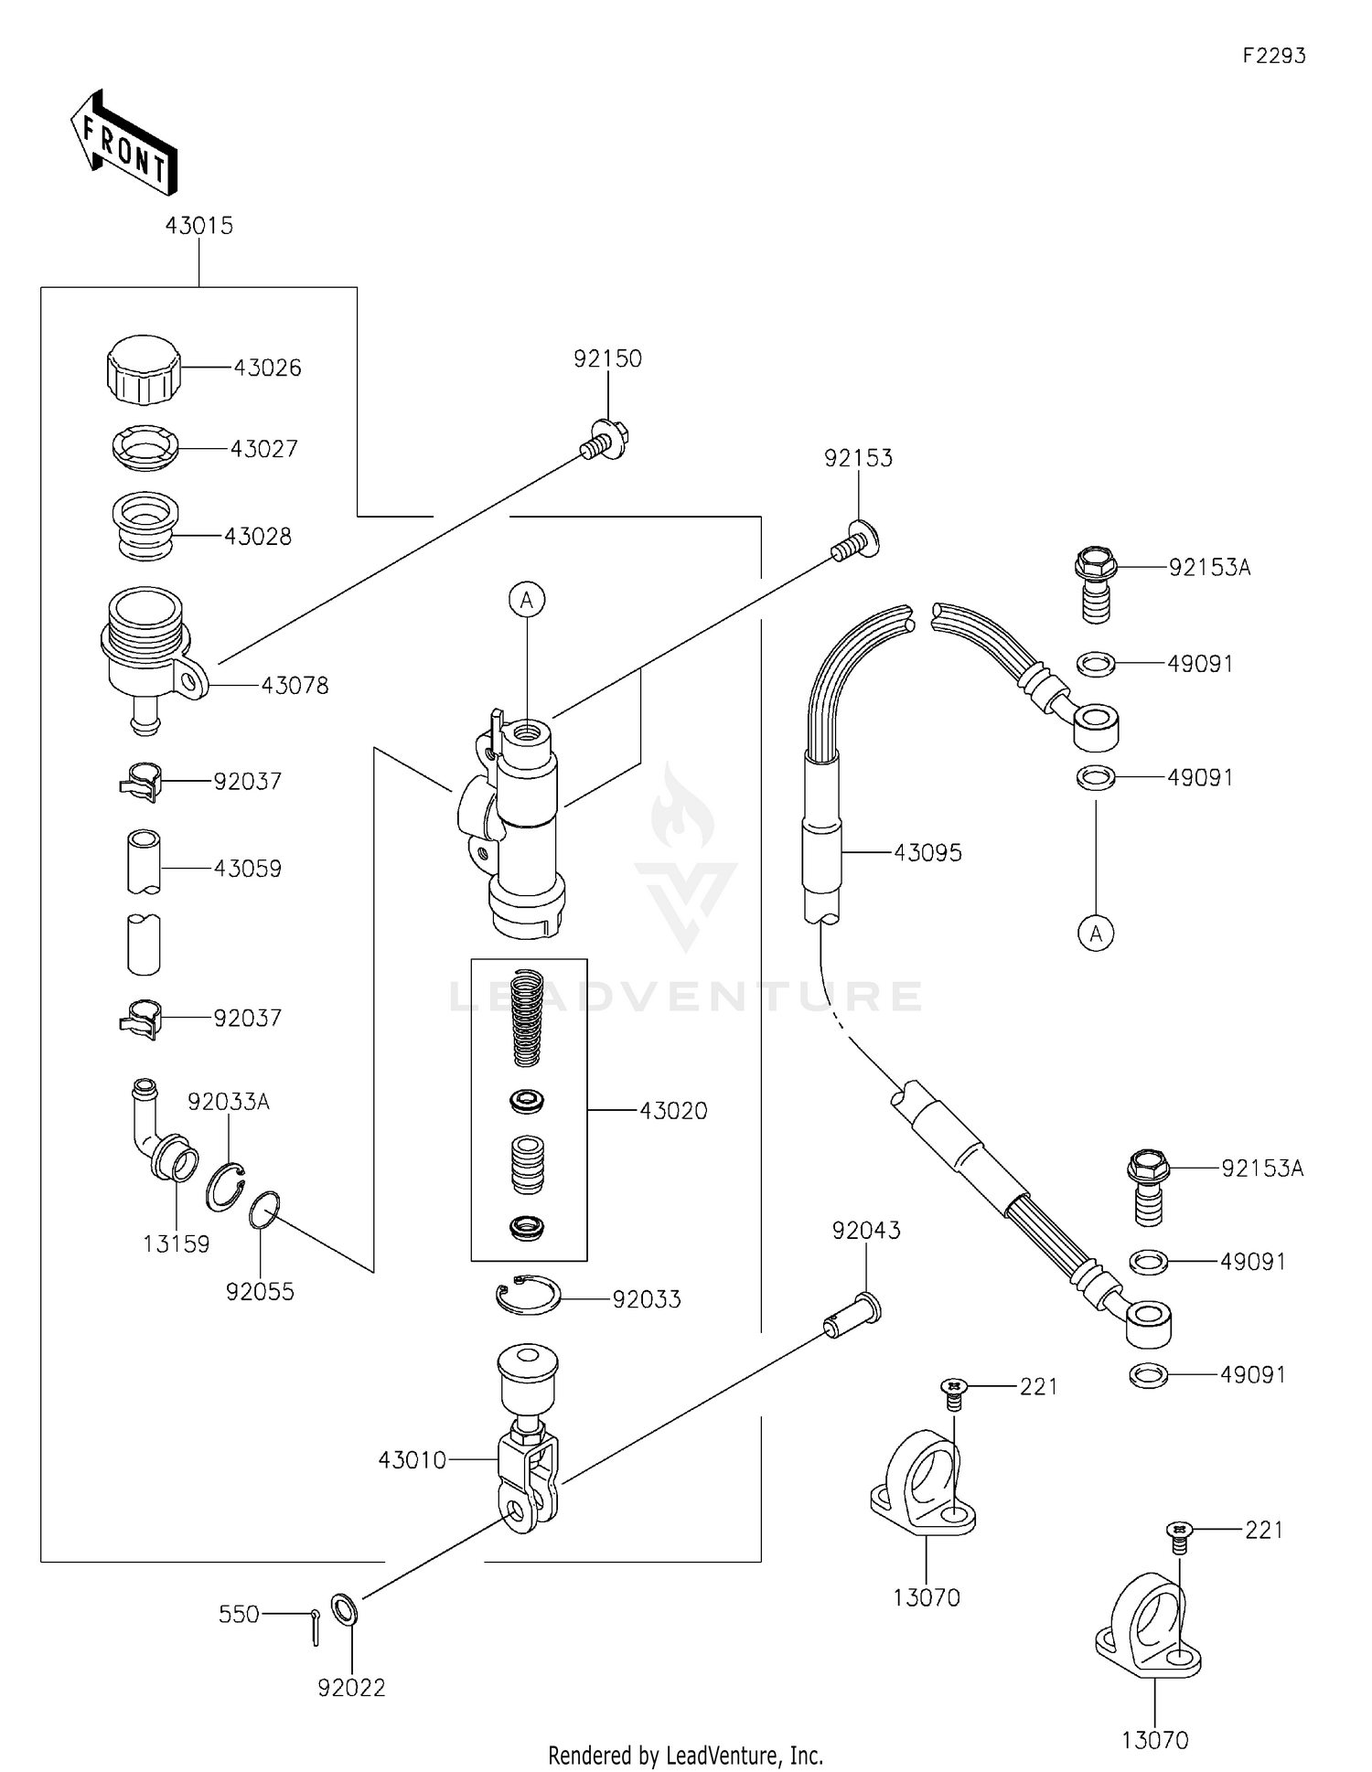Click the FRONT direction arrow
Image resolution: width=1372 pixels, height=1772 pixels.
[x=123, y=144]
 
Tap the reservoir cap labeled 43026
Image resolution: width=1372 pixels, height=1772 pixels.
[x=143, y=368]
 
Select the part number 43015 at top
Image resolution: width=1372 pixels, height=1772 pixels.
[x=198, y=225]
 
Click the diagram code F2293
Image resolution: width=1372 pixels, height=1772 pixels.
[x=1273, y=56]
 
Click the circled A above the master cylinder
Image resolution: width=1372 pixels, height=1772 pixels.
[x=527, y=600]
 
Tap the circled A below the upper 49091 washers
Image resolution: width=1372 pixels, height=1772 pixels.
[x=1096, y=934]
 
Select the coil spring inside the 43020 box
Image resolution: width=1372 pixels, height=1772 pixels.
[x=528, y=1017]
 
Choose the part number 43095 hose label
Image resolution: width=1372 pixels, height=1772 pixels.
[x=927, y=852]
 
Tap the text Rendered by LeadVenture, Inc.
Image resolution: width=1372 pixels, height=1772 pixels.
[x=685, y=1755]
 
